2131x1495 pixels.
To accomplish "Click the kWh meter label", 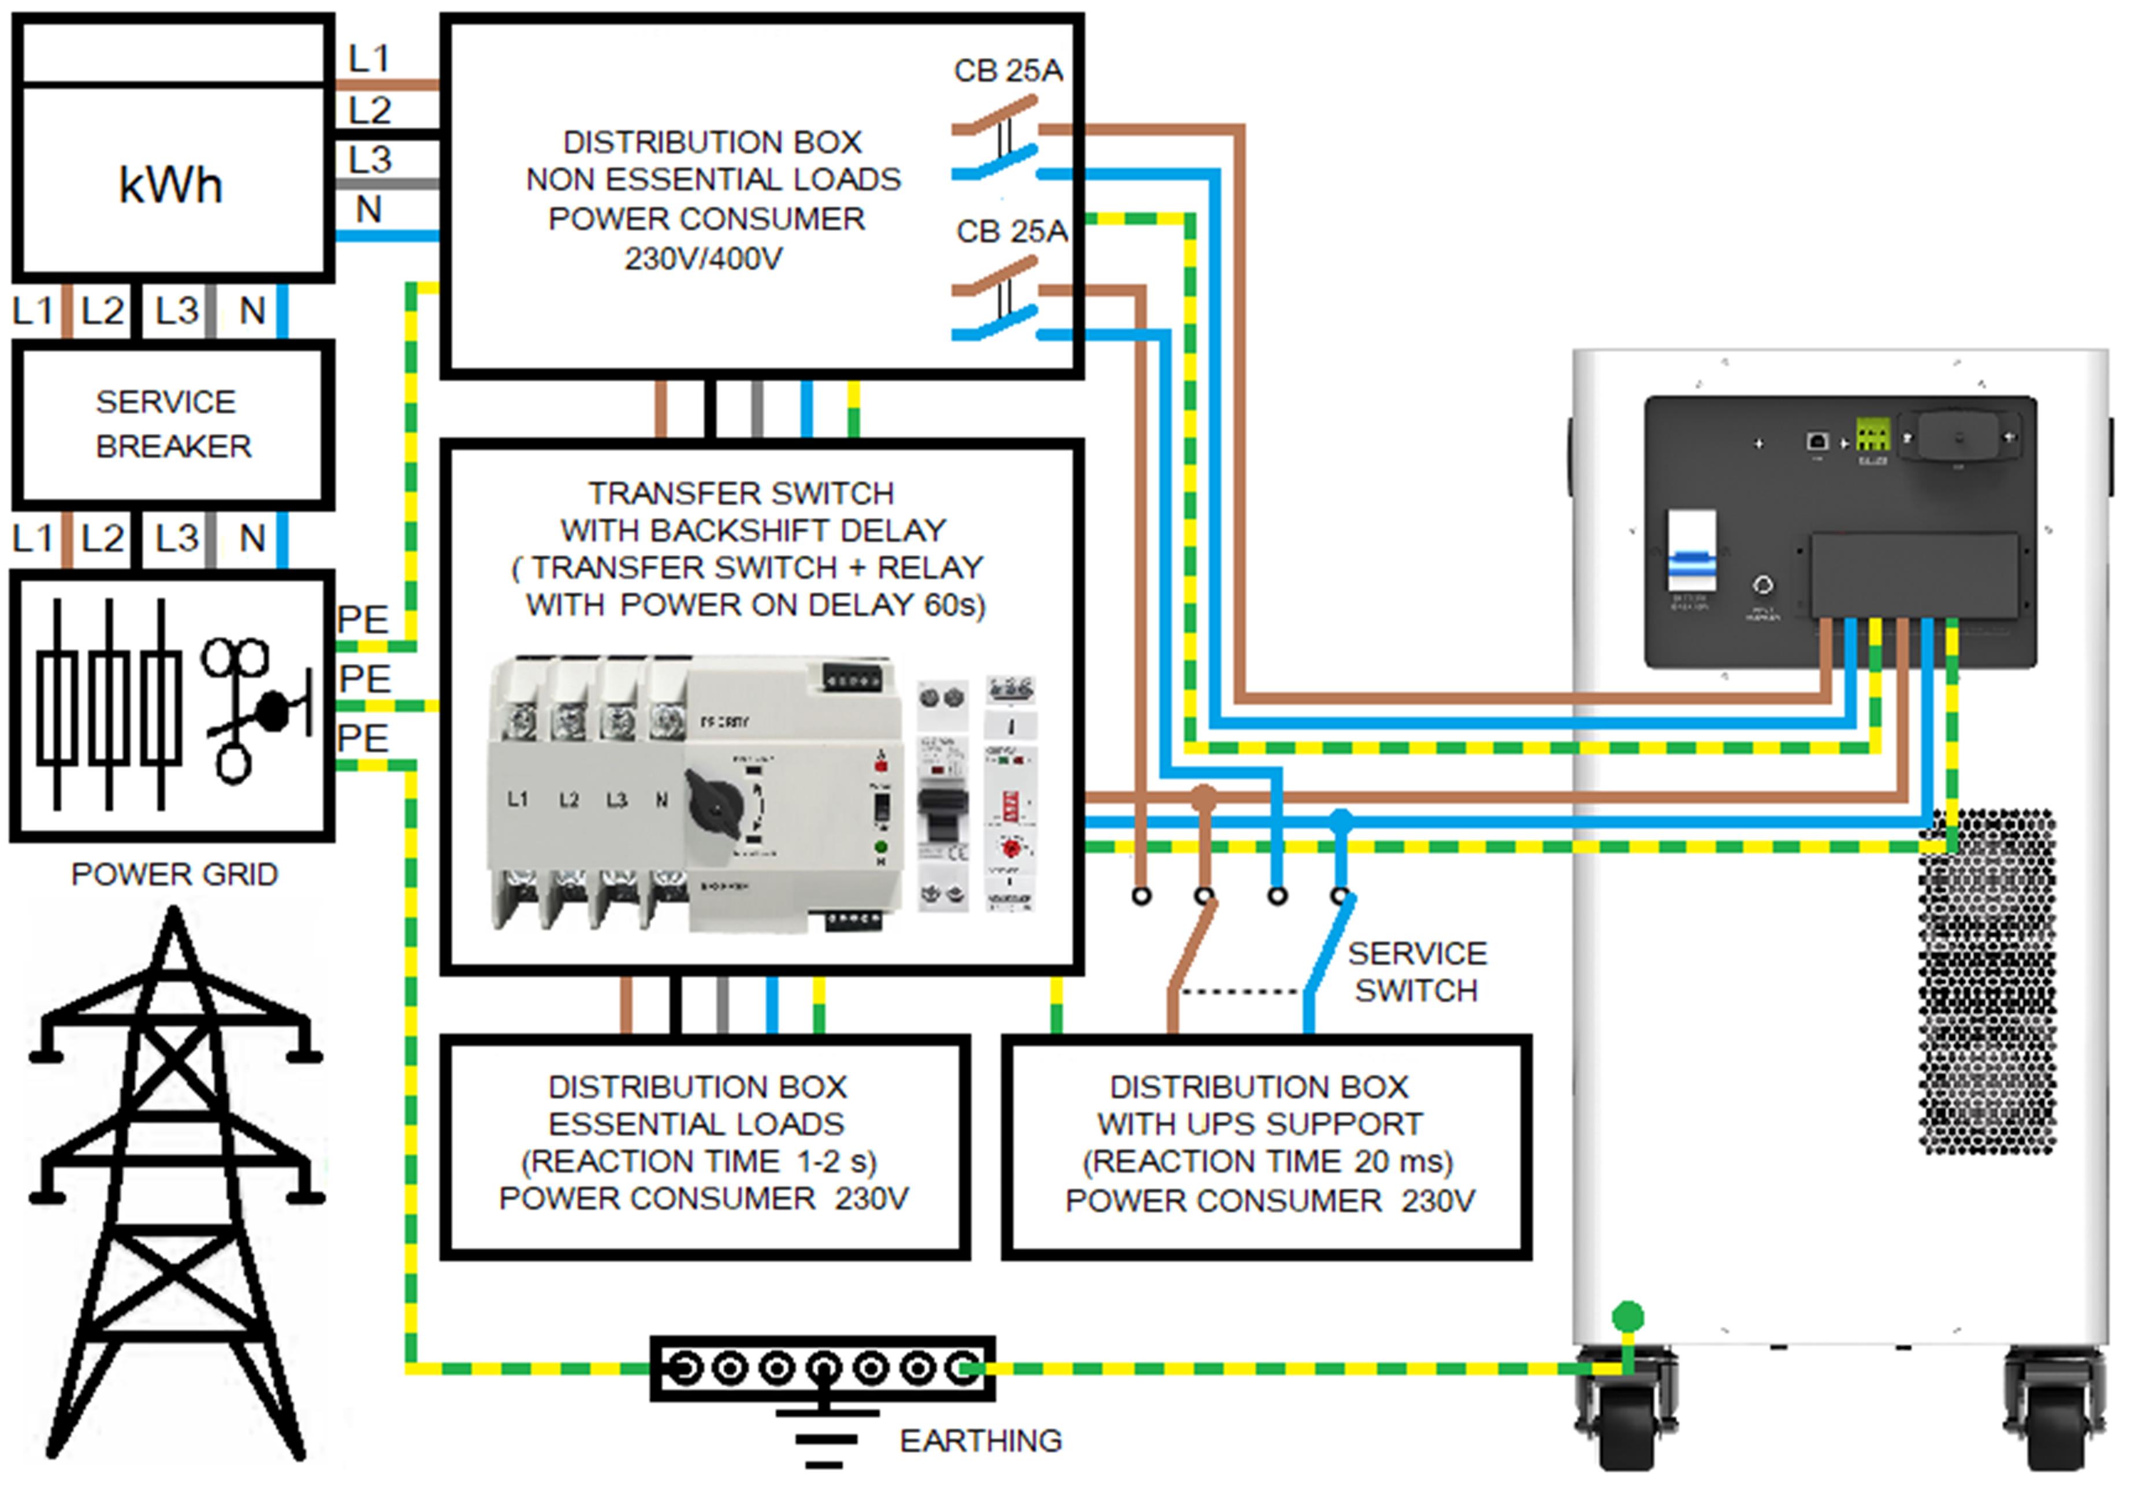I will click(171, 185).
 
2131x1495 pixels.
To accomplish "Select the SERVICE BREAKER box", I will click(173, 424).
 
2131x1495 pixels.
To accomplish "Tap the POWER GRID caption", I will click(173, 874).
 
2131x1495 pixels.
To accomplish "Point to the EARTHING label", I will click(980, 1440).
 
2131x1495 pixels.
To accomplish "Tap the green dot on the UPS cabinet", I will click(1627, 1316).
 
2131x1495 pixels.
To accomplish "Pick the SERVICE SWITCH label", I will click(1416, 972).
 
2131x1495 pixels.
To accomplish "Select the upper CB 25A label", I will click(1008, 70).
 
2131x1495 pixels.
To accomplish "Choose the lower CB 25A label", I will click(1011, 231).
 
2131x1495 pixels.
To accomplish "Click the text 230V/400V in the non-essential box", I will click(702, 258).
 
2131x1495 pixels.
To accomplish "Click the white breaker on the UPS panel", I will click(1691, 552).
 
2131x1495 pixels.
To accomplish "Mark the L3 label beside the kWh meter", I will click(369, 159).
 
